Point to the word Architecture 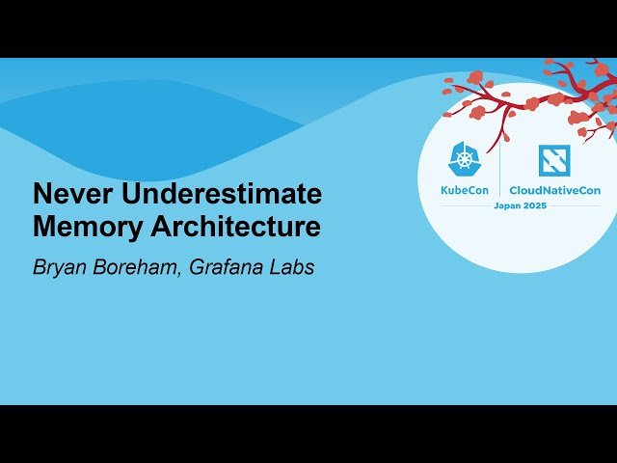231,228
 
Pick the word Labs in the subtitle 294,267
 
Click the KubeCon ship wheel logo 466,159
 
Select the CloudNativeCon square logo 553,159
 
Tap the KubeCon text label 466,190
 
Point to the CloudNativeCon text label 554,190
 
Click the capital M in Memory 43,228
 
